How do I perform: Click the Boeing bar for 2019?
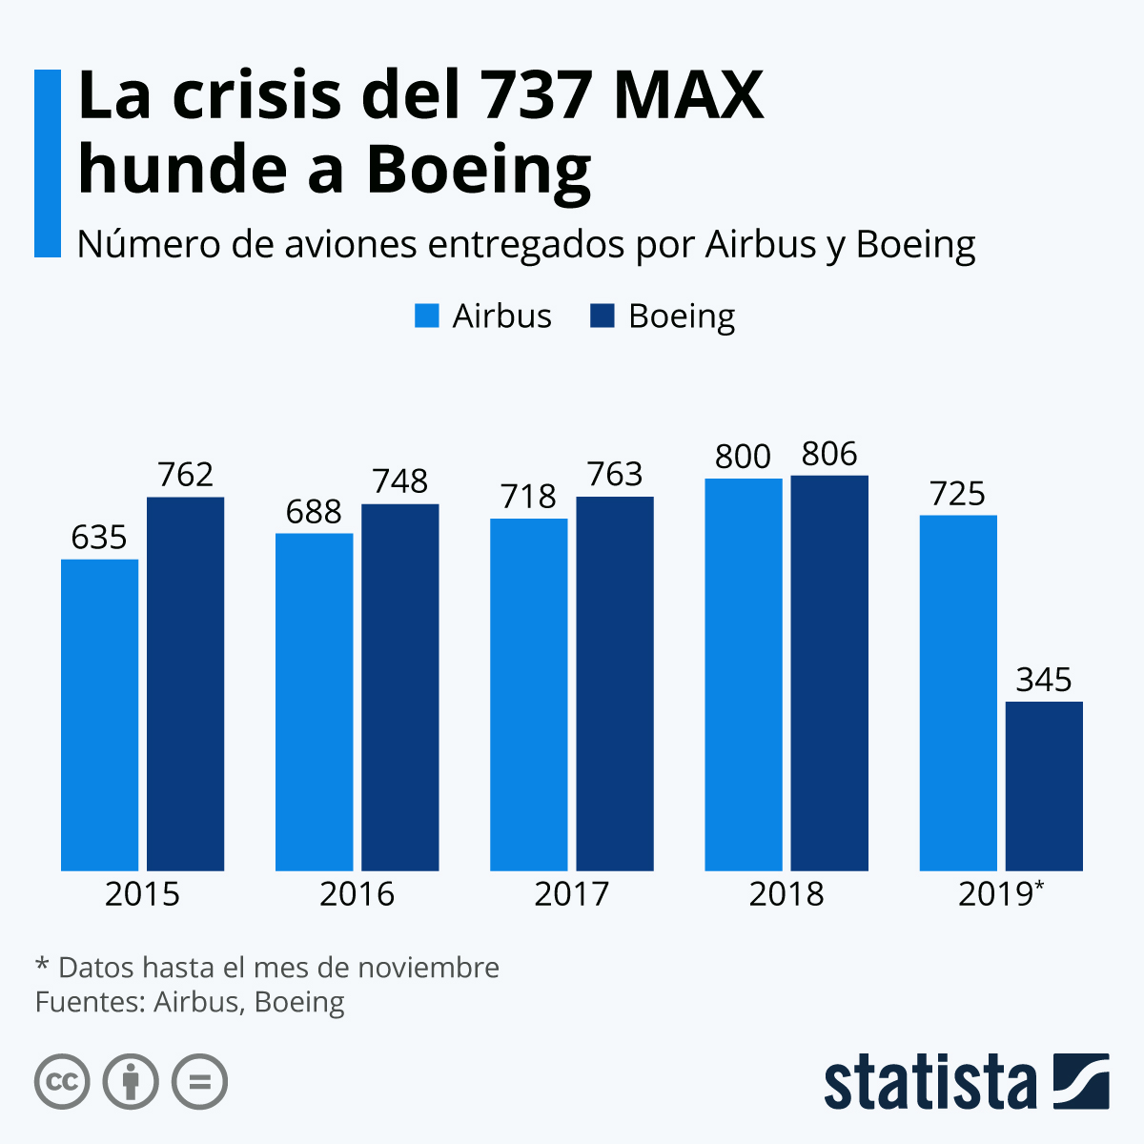[1044, 786]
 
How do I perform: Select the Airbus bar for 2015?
[99, 714]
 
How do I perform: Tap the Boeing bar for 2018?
[829, 672]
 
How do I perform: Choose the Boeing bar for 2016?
[400, 686]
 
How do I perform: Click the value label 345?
[1044, 680]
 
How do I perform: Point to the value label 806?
[829, 454]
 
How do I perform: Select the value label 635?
[99, 538]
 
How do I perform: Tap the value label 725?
[958, 494]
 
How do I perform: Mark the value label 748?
[400, 481]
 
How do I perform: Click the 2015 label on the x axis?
[142, 894]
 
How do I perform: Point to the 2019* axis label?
[1001, 894]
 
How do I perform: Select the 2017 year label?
[571, 894]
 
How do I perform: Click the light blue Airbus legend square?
[426, 316]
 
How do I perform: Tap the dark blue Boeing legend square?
[603, 316]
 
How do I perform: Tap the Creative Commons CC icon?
[62, 1082]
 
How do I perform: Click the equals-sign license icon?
[199, 1082]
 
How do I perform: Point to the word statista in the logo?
[930, 1083]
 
